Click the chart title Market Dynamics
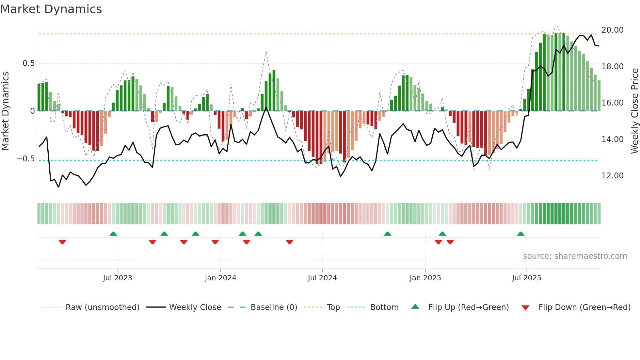51,9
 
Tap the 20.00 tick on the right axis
612,30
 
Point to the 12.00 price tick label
612,176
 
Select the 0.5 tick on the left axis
28,63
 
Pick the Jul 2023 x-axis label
118,278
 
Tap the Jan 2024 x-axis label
220,278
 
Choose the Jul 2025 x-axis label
526,278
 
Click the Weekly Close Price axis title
634,111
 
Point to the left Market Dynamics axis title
5,111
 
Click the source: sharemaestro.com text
575,256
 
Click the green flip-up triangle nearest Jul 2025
520,234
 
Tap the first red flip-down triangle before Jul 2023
62,242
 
